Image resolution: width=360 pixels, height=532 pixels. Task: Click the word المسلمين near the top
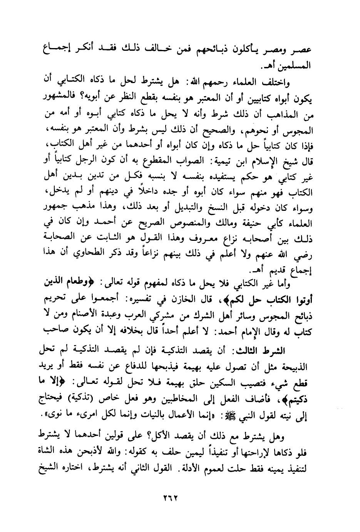pos(294,66)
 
